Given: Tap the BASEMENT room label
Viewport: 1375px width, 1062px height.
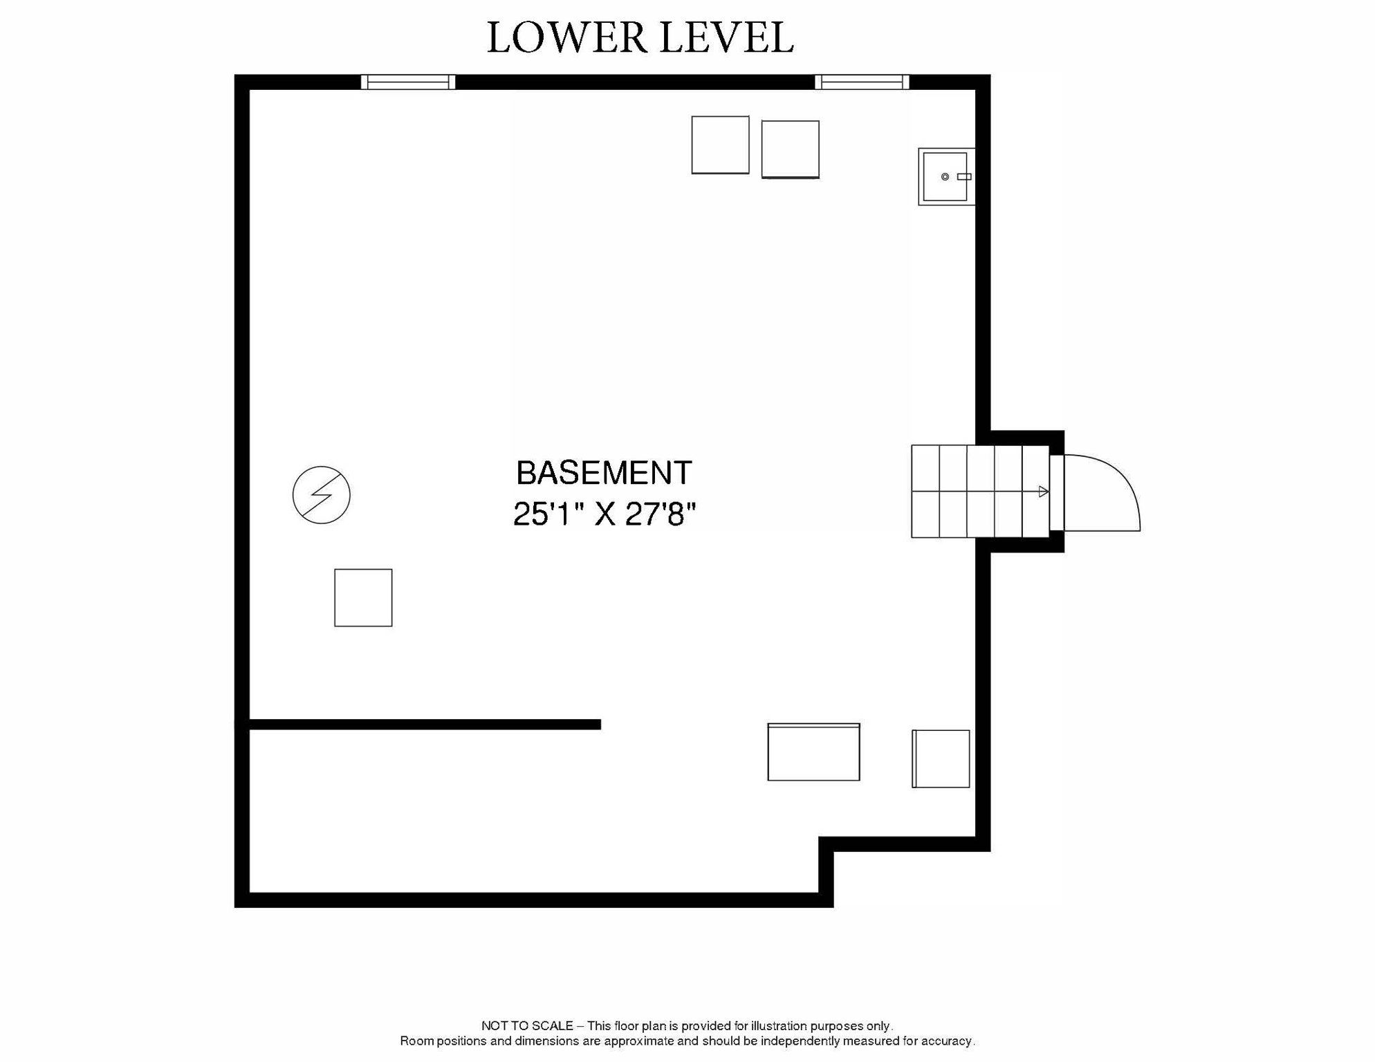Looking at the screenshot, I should point(604,474).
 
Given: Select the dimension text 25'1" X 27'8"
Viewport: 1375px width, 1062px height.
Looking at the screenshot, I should point(604,514).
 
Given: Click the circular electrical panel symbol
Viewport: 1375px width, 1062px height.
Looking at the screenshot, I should point(322,495).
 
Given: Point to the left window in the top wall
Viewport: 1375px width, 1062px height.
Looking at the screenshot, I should point(408,82).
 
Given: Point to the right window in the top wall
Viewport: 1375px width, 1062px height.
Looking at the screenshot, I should point(862,82).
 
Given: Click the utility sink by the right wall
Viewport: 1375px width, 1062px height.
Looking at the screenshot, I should point(946,177).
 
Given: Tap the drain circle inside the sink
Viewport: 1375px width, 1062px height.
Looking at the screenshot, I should point(945,177).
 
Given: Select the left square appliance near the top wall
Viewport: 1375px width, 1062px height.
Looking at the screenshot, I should point(720,145).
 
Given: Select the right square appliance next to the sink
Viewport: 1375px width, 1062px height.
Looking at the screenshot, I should point(790,150).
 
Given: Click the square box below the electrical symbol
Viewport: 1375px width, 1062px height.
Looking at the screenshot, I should point(363,598).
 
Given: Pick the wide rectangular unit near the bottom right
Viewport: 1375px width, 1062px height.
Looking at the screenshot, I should point(813,752).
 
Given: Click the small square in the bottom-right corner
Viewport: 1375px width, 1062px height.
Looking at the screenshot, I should point(941,758).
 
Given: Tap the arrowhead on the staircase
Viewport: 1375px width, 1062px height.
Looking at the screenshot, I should point(1044,492).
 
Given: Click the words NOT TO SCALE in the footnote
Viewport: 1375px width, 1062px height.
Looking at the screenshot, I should point(527,1026).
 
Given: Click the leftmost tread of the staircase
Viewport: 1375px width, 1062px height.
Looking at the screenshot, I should point(925,492).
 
